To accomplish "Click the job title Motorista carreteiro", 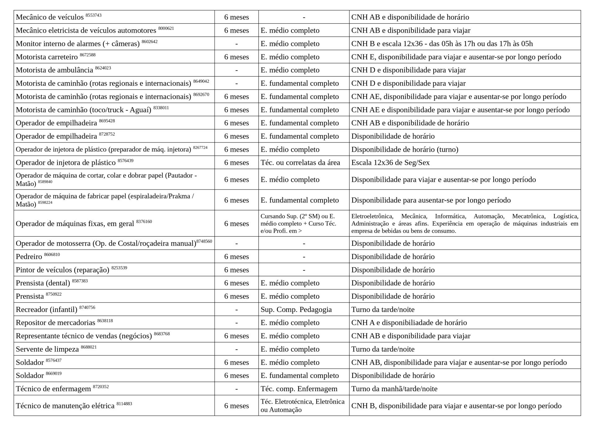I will click(47, 57).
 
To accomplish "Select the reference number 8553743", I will click(93, 15).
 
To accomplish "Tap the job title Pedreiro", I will click(29, 257).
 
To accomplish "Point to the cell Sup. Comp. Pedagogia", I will click(296, 310).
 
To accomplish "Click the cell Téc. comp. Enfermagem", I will click(299, 389).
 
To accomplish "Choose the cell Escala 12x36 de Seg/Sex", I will click(390, 163).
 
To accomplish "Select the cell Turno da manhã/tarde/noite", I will click(394, 389).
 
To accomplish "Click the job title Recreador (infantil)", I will click(47, 310).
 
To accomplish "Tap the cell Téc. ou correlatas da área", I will click(300, 163).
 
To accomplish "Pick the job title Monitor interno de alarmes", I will click(78, 44).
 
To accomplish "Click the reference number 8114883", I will click(124, 404).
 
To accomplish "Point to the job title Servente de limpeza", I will click(47, 350).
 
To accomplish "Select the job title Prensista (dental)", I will click(43, 283).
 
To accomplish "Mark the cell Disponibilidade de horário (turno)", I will click(404, 150).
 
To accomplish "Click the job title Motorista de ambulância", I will click(54, 70).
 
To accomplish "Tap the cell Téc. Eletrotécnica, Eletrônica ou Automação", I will click(302, 406).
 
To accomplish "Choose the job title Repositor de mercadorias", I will click(55, 323).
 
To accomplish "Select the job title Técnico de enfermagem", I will click(53, 389).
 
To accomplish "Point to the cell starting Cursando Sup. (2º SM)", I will click(298, 224).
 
